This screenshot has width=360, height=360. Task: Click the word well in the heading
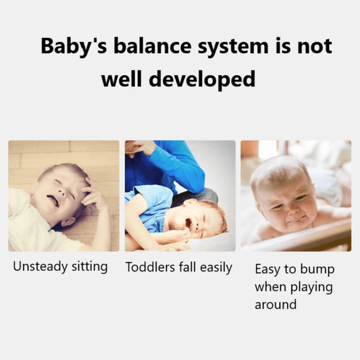121,80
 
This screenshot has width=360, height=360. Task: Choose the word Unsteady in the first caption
40,266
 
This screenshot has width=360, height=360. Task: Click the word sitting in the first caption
88,266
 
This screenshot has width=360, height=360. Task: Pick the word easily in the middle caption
217,267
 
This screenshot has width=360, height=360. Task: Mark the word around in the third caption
276,305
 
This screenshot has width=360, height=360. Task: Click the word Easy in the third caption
267,269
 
